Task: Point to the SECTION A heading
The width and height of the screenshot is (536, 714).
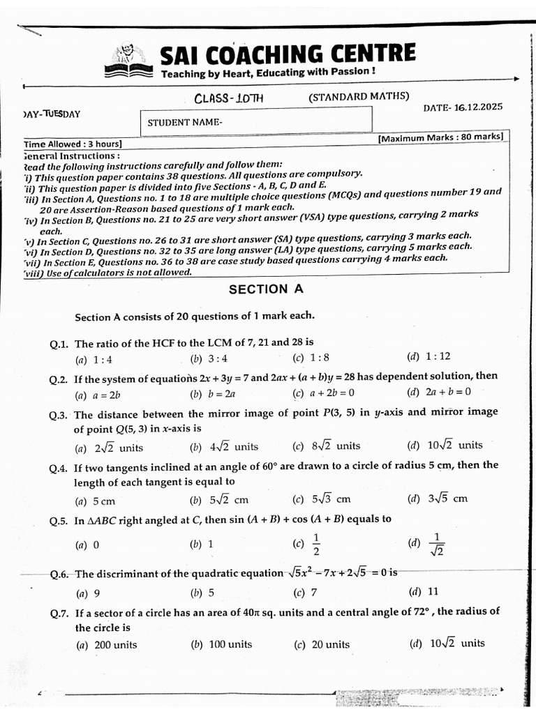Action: click(x=266, y=289)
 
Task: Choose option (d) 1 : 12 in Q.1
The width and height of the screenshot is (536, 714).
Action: click(x=429, y=357)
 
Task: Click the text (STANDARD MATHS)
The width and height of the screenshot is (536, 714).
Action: click(x=359, y=97)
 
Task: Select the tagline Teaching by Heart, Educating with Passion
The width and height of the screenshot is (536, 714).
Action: click(x=269, y=73)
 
